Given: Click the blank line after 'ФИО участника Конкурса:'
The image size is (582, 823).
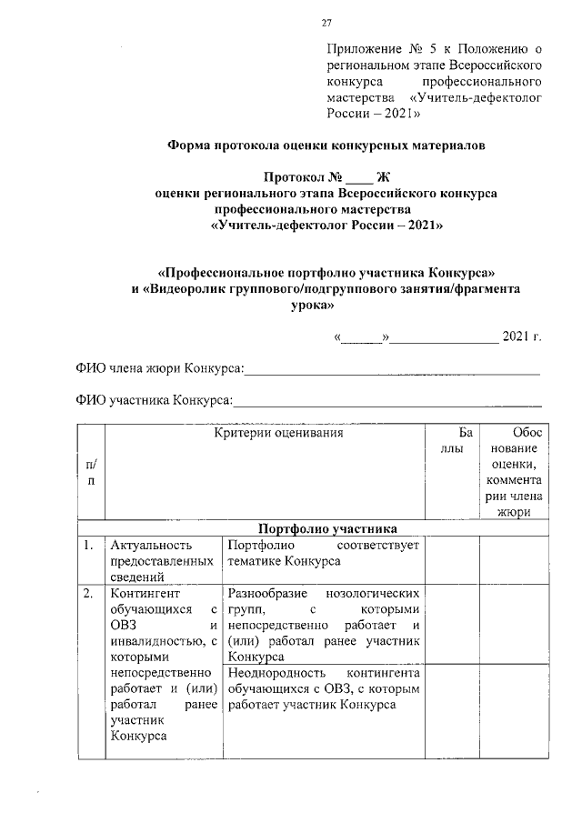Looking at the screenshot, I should click(388, 400).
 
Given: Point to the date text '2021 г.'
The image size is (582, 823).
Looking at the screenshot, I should click(522, 338).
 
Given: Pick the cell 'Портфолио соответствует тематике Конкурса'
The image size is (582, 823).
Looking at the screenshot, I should click(324, 553).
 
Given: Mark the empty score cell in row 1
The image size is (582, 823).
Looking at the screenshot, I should click(452, 559).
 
